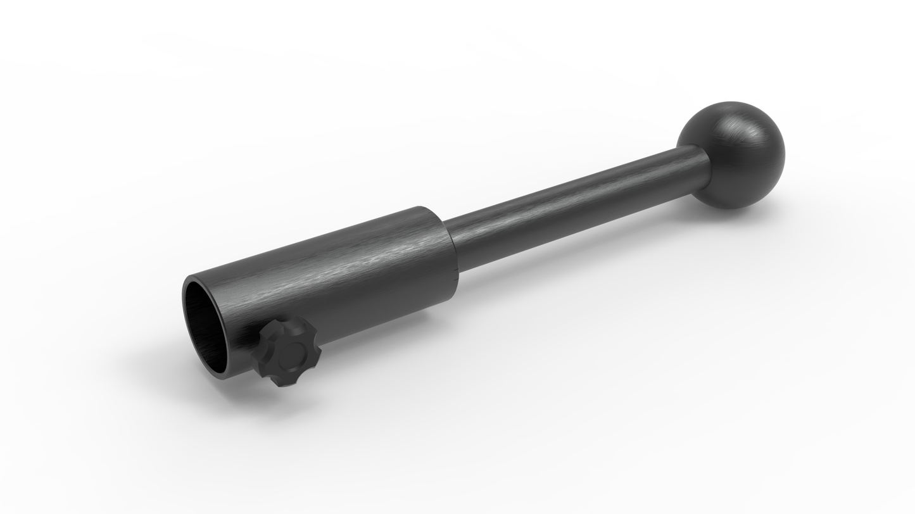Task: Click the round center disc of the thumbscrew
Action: (294, 351)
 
